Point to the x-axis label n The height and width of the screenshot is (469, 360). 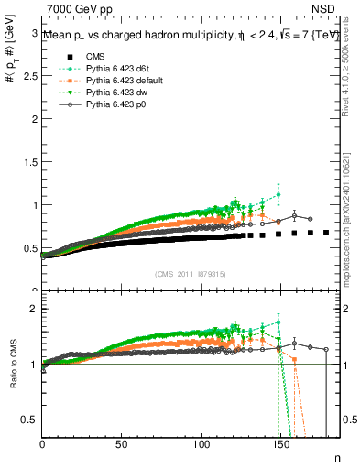[336, 456]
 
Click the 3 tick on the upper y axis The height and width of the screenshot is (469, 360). [34, 33]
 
